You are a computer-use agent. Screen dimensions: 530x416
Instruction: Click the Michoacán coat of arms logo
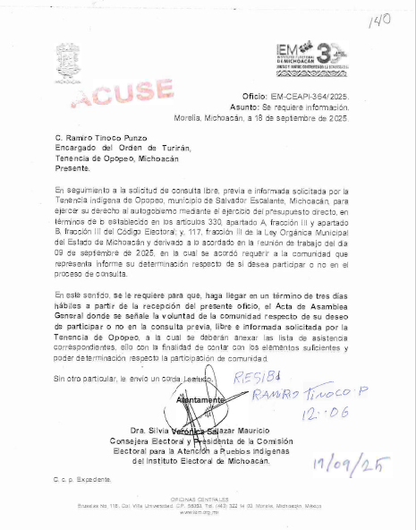point(66,64)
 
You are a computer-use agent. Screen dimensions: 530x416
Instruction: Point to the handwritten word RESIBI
point(254,377)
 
